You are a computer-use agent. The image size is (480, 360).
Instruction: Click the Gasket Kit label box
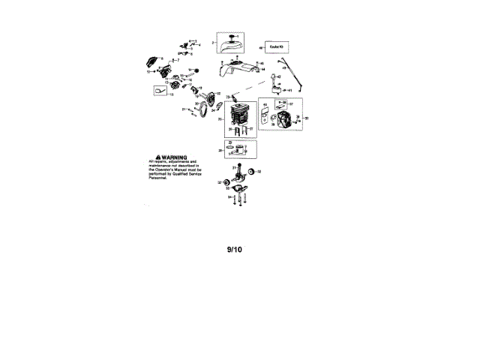point(274,47)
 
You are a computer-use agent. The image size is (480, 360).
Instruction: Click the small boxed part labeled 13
point(160,91)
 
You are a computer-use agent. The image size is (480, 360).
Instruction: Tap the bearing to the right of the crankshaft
point(252,172)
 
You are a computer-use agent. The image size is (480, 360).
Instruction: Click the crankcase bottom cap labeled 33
point(238,191)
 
